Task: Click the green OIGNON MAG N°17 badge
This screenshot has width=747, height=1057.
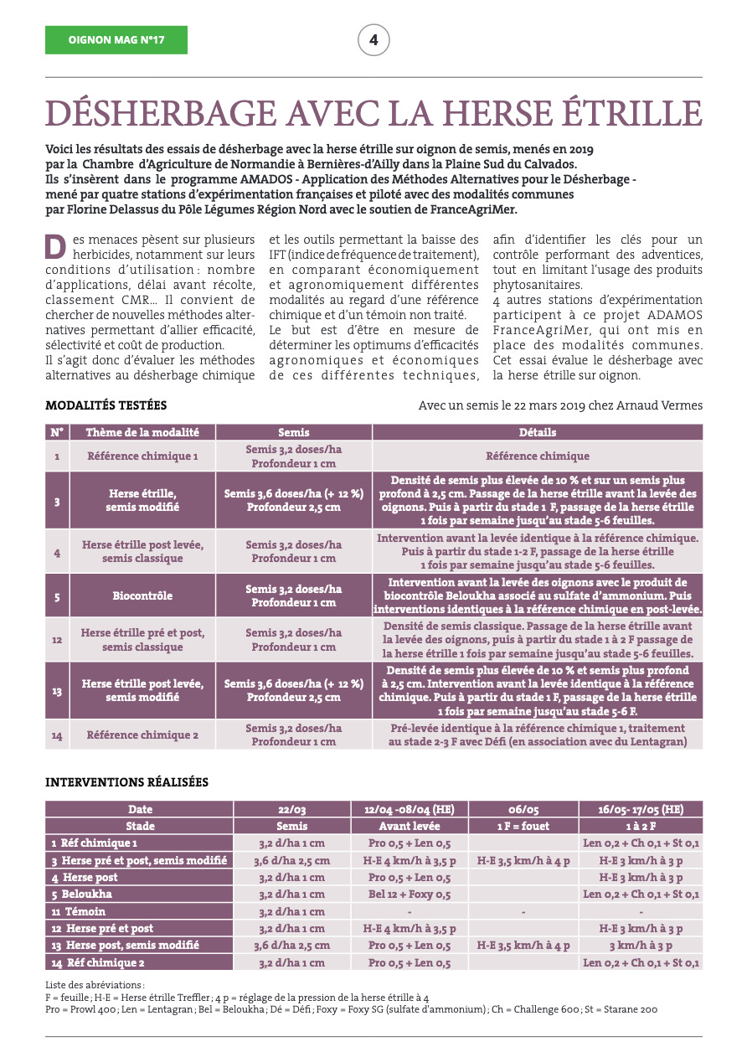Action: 116,39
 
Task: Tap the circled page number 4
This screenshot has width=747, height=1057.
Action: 373,39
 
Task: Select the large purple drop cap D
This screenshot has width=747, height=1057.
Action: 55,247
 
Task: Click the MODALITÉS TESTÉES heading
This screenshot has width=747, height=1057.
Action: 106,405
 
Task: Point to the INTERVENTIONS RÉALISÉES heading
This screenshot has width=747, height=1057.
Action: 126,781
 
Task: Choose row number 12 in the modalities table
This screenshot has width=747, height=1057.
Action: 56,640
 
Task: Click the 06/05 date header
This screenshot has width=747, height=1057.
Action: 523,809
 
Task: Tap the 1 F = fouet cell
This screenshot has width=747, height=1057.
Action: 523,826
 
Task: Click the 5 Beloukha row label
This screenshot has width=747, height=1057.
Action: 82,894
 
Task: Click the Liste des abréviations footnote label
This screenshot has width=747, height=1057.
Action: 95,985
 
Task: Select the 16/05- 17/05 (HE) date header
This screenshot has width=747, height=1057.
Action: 641,809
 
